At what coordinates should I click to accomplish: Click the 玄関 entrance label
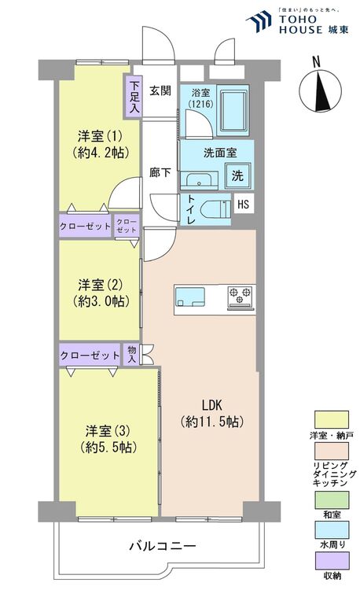160,90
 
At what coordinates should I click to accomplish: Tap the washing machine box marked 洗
237,175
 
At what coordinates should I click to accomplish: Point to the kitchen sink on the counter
189,298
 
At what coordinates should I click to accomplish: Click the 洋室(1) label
99,143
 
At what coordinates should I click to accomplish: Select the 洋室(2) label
99,292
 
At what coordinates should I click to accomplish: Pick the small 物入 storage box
131,354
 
